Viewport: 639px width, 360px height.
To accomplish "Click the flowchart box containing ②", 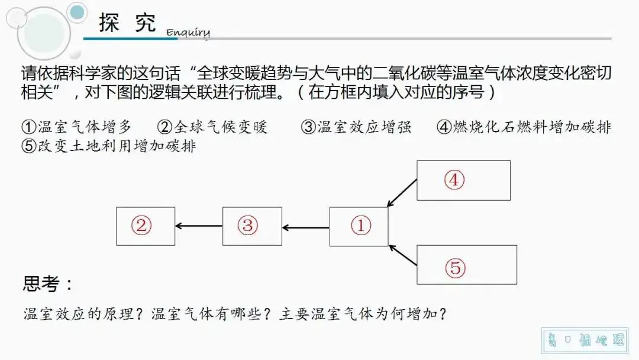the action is tap(146, 226).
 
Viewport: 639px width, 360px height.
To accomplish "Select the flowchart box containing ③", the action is tap(251, 226).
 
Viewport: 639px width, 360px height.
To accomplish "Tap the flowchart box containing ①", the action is tap(359, 226).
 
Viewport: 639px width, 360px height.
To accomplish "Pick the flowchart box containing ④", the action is tap(463, 180).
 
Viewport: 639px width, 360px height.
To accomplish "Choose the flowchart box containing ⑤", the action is tap(466, 265).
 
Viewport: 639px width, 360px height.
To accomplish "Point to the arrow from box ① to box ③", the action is tap(305, 227).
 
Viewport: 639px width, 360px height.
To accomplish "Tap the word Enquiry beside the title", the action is tap(188, 32).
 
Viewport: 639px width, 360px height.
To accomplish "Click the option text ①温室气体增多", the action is tap(77, 127).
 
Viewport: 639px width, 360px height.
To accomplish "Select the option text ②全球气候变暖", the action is tap(212, 127).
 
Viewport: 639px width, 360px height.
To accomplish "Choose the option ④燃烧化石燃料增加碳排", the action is tap(524, 127).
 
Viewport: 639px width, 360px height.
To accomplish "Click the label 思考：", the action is tap(48, 284).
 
